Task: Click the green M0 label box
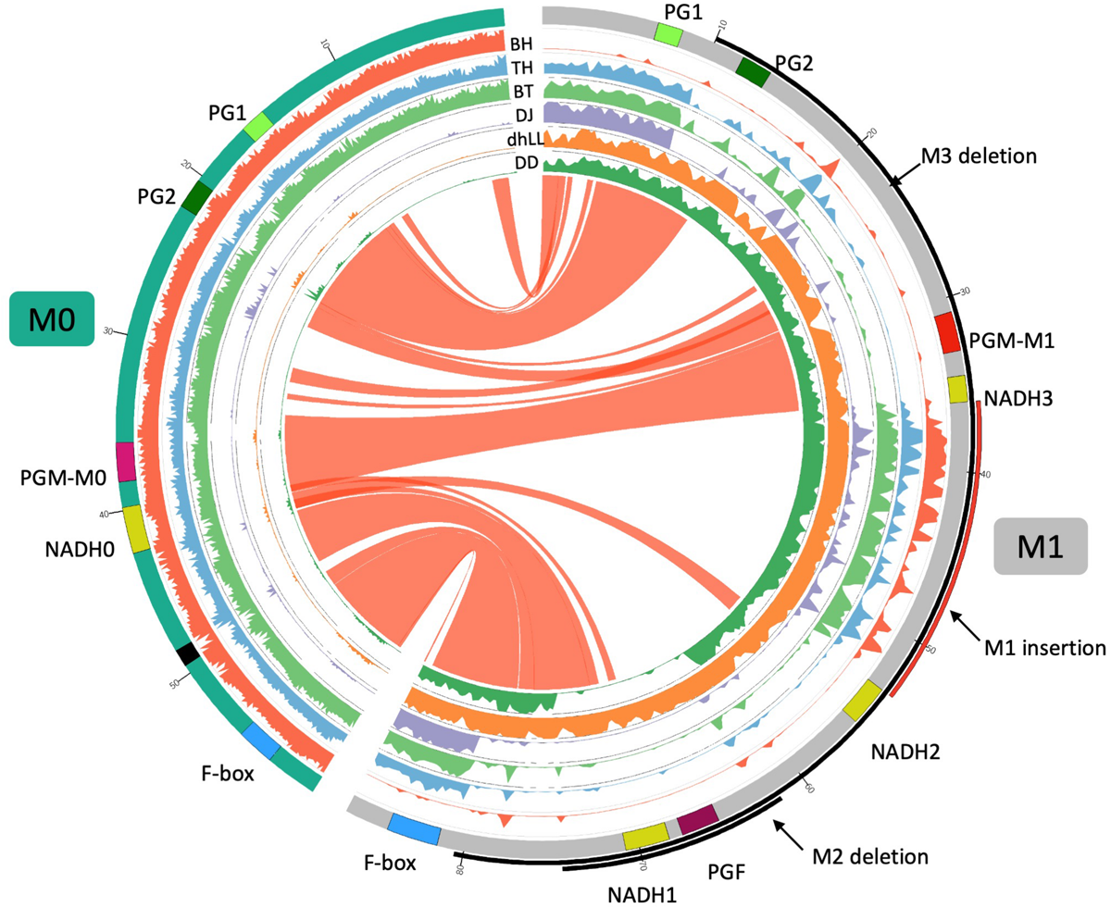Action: click(52, 318)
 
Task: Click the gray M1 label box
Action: click(1040, 546)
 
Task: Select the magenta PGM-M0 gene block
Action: click(126, 462)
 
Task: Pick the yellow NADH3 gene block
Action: click(957, 389)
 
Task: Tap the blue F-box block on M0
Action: click(262, 740)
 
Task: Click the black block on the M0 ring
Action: click(188, 653)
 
